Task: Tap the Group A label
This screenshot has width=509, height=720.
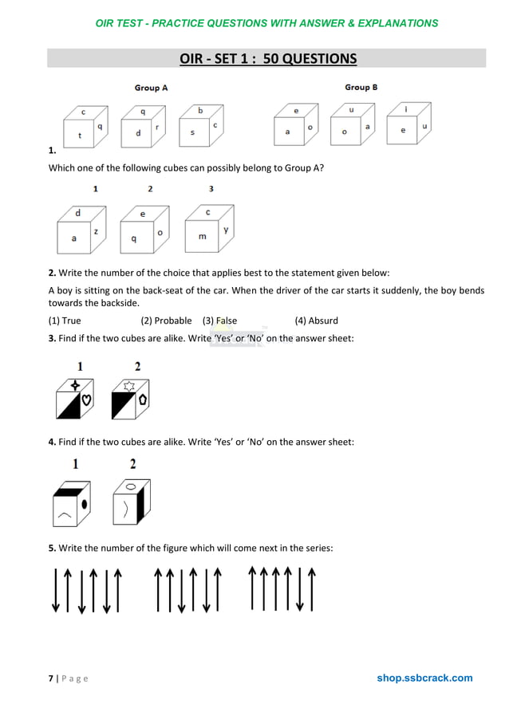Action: [151, 88]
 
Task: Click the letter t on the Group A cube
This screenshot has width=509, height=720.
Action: [79, 136]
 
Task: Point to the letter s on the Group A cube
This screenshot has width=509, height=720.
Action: [192, 132]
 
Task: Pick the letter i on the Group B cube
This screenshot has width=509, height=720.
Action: [406, 109]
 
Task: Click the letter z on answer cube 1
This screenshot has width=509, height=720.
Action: [96, 230]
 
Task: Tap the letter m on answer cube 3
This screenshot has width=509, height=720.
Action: [202, 237]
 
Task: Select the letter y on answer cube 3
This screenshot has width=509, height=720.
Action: [226, 230]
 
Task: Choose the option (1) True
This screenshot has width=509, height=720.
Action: [65, 321]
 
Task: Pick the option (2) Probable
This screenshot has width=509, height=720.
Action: [166, 321]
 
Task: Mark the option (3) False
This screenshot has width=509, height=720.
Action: [219, 321]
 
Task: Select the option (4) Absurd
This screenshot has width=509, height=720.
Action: [316, 321]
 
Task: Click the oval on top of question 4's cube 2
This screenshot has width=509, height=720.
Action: [130, 484]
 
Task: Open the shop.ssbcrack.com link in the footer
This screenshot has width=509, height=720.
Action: [424, 678]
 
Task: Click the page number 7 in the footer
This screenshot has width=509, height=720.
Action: [51, 679]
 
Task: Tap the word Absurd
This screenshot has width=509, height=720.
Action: [323, 321]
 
